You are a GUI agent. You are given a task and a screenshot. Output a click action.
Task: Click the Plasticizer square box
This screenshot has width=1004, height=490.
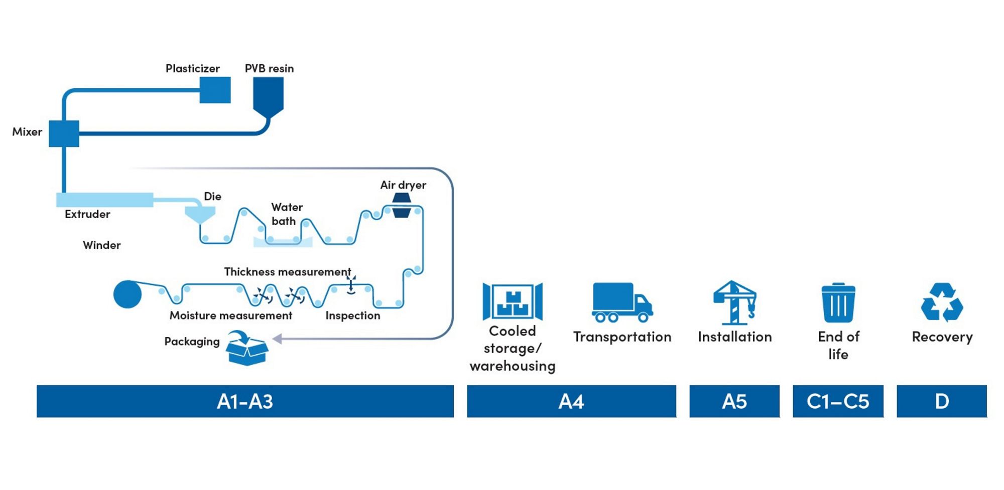point(215,90)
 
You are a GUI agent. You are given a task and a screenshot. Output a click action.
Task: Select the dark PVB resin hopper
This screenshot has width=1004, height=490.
point(268,97)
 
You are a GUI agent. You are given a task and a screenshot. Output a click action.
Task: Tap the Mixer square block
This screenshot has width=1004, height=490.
point(64,133)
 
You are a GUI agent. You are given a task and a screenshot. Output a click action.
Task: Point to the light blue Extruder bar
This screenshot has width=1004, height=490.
point(105,200)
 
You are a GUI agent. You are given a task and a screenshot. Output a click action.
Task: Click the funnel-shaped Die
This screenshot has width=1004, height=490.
point(200,215)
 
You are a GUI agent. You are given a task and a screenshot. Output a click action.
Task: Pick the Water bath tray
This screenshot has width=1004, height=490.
point(283,242)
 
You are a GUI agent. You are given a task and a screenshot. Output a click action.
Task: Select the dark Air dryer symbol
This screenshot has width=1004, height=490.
point(402,206)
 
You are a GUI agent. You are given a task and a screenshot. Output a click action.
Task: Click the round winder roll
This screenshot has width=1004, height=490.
point(128,294)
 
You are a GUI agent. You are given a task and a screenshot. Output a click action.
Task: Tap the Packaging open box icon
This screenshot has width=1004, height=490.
point(246,348)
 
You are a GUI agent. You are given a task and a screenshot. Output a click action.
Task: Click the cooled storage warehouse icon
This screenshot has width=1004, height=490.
point(513,301)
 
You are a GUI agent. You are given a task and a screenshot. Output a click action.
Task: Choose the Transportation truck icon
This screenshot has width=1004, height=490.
point(622,302)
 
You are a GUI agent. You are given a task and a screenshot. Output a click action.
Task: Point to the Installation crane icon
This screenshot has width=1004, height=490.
point(735,302)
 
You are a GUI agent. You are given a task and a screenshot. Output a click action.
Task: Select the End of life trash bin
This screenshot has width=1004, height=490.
point(838,302)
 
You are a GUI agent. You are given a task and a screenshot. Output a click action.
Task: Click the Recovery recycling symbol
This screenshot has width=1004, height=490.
point(942,302)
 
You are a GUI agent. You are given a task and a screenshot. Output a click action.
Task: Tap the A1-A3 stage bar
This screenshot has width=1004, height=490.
point(245,401)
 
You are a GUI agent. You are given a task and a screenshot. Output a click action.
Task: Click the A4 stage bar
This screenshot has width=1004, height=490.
point(572,401)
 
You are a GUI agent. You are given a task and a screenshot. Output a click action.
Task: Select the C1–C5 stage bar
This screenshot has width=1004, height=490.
point(838,401)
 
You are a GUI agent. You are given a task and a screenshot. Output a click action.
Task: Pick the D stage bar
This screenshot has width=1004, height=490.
point(942,401)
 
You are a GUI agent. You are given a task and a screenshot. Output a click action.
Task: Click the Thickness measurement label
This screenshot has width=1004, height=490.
point(288,272)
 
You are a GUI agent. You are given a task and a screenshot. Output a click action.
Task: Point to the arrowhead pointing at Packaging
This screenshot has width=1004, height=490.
point(277,339)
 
